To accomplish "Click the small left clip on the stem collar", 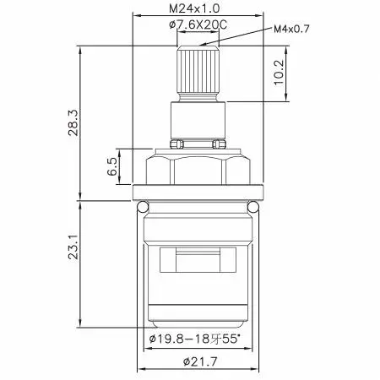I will [x=175, y=144].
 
